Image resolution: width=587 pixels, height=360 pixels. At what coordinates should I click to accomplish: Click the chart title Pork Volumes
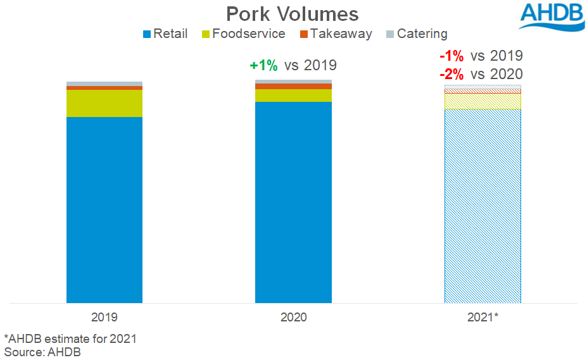click(293, 14)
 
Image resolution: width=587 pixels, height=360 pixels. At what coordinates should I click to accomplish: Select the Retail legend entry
click(166, 34)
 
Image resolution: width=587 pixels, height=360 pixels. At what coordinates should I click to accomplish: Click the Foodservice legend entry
click(243, 34)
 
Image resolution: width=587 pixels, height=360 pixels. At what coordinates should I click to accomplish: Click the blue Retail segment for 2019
click(104, 209)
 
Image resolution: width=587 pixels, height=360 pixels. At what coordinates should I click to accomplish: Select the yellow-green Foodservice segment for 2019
click(104, 103)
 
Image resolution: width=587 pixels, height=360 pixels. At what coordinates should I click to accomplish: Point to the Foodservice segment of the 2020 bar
click(293, 95)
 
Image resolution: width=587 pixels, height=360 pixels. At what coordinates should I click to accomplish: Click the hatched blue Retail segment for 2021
click(483, 206)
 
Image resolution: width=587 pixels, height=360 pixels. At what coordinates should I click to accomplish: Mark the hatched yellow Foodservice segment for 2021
click(483, 101)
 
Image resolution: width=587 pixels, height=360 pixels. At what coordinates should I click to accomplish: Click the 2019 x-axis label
click(104, 316)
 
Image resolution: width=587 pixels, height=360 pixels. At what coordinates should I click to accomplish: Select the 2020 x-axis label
click(293, 316)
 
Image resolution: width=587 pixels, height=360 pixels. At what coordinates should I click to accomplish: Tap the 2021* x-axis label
click(483, 316)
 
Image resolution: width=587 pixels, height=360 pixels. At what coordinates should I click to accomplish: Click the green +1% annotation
click(263, 65)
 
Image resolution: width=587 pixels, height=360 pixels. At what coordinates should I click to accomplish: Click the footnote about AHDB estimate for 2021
click(70, 338)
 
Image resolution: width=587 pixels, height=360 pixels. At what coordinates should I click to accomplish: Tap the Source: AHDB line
click(42, 352)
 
